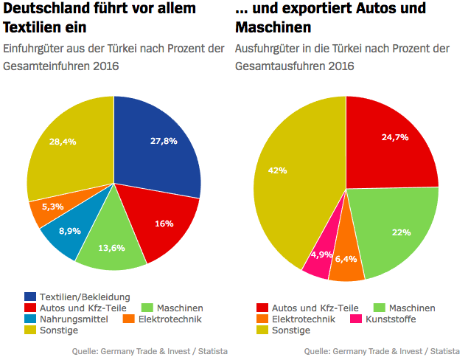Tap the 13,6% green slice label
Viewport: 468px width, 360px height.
[x=111, y=248]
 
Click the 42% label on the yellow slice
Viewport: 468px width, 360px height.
[x=277, y=170]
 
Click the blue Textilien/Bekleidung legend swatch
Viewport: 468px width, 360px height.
[x=30, y=297]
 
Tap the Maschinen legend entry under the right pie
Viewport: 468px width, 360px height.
[x=405, y=308]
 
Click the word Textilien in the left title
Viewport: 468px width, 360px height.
[x=36, y=27]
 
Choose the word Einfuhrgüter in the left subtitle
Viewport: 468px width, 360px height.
[x=35, y=49]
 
